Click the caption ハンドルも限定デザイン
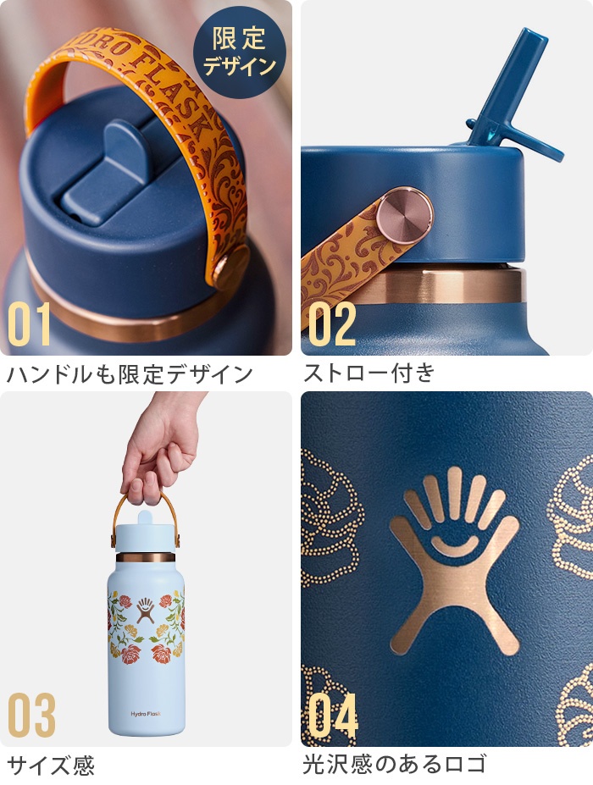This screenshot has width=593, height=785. pos(130,373)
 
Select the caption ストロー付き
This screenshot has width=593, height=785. pos(369,373)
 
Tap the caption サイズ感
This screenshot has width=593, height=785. pos(51,766)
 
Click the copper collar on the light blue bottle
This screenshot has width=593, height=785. pos(145,557)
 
